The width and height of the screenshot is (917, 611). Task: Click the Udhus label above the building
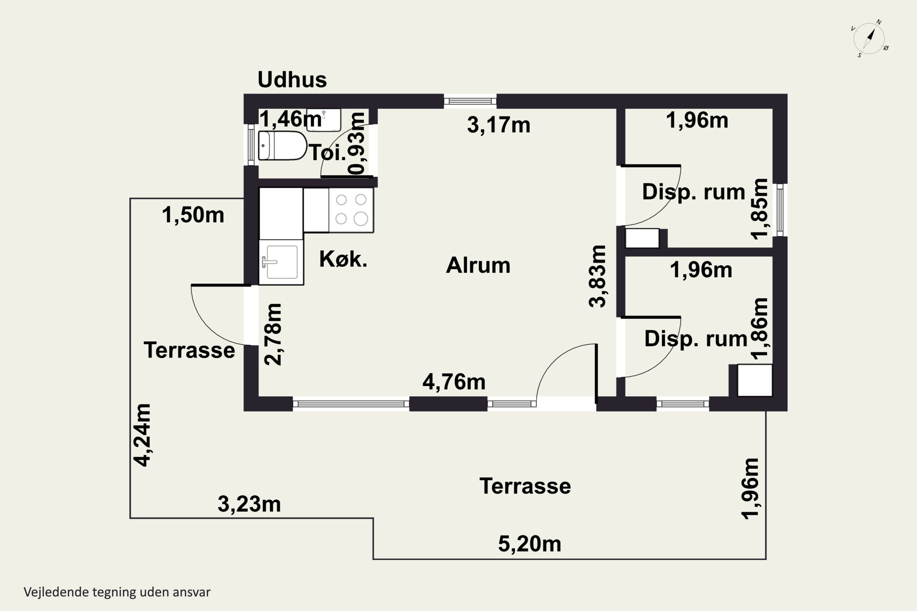point(292,80)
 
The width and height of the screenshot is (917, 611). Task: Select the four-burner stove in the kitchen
point(351,210)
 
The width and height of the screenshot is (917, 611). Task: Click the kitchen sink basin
point(282,262)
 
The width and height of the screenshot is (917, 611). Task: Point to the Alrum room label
point(478,265)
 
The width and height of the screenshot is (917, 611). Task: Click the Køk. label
point(343,259)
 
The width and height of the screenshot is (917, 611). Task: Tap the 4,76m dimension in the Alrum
point(454,382)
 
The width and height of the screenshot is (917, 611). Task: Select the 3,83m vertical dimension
point(598,276)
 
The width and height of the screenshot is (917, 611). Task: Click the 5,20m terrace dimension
point(530,544)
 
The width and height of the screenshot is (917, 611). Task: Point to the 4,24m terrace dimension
point(142,435)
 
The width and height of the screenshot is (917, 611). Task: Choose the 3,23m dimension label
point(249,504)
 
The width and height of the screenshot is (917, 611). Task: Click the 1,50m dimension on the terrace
point(193,215)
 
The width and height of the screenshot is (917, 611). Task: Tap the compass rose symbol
point(869,38)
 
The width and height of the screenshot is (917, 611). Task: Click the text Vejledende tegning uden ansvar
point(117,592)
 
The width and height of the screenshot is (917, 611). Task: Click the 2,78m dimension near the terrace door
point(273,334)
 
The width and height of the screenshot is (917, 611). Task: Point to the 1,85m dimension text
point(760,209)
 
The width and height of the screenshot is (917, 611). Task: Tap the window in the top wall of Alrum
point(470,101)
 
